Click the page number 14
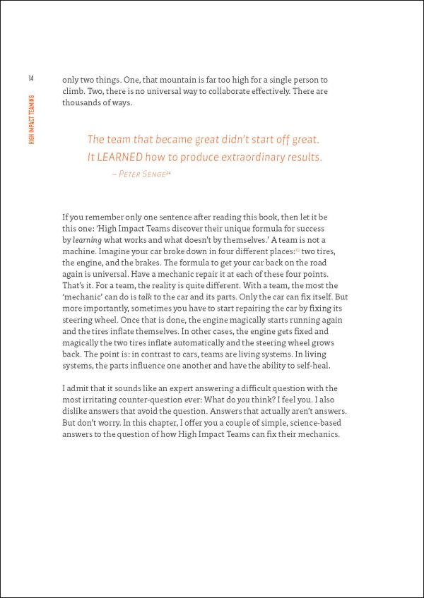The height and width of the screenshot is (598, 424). click(31, 78)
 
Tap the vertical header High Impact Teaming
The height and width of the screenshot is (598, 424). click(32, 119)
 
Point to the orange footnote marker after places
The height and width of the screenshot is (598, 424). click(298, 250)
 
